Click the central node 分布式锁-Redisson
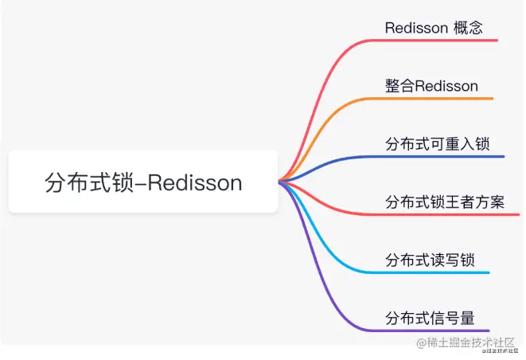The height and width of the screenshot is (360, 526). coord(143,182)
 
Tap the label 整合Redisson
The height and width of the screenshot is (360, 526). coord(431,86)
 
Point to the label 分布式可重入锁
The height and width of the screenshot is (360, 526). coord(437,144)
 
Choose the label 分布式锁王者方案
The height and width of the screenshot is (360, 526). coord(444,202)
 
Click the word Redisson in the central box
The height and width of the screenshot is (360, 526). coord(195,182)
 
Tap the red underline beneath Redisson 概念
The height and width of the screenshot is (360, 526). coord(438,40)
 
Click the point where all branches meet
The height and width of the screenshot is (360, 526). coord(280,182)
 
